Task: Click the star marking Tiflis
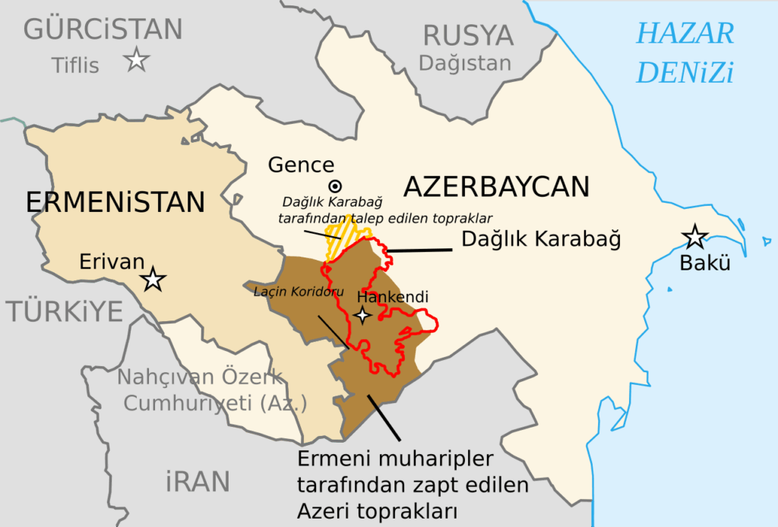pos(137,59)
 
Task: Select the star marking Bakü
pos(694,237)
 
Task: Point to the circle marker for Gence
pos(334,186)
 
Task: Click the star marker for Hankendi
pos(363,314)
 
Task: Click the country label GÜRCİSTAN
pos(103,30)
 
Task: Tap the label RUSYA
pos(468,35)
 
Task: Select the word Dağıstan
pos(465,63)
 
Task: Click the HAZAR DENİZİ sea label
pos(685,53)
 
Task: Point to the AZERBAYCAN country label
pos(496,187)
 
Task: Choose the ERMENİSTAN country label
pos(115,202)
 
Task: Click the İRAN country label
pos(198,481)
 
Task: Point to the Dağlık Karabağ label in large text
pos(542,239)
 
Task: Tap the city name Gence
pos(301,165)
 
